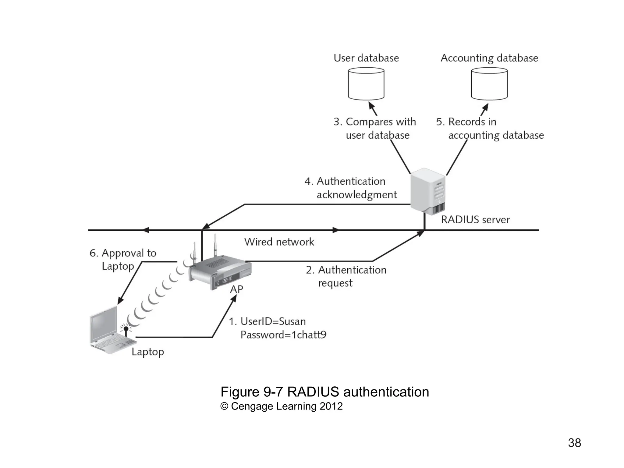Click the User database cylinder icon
(x=366, y=84)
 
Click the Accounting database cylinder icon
(x=489, y=84)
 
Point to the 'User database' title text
(x=366, y=58)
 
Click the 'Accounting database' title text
(x=489, y=58)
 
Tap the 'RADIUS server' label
(x=475, y=219)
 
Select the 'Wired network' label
(x=279, y=242)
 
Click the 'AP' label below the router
(x=236, y=289)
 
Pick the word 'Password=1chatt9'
(x=283, y=335)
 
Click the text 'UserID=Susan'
(x=273, y=321)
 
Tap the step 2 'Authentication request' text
(x=346, y=276)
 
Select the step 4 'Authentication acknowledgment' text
(x=351, y=188)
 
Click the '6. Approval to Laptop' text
(x=122, y=259)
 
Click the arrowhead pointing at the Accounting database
(x=486, y=107)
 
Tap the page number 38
(x=574, y=443)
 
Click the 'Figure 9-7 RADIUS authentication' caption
(x=324, y=392)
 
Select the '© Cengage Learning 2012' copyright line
(x=282, y=406)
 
